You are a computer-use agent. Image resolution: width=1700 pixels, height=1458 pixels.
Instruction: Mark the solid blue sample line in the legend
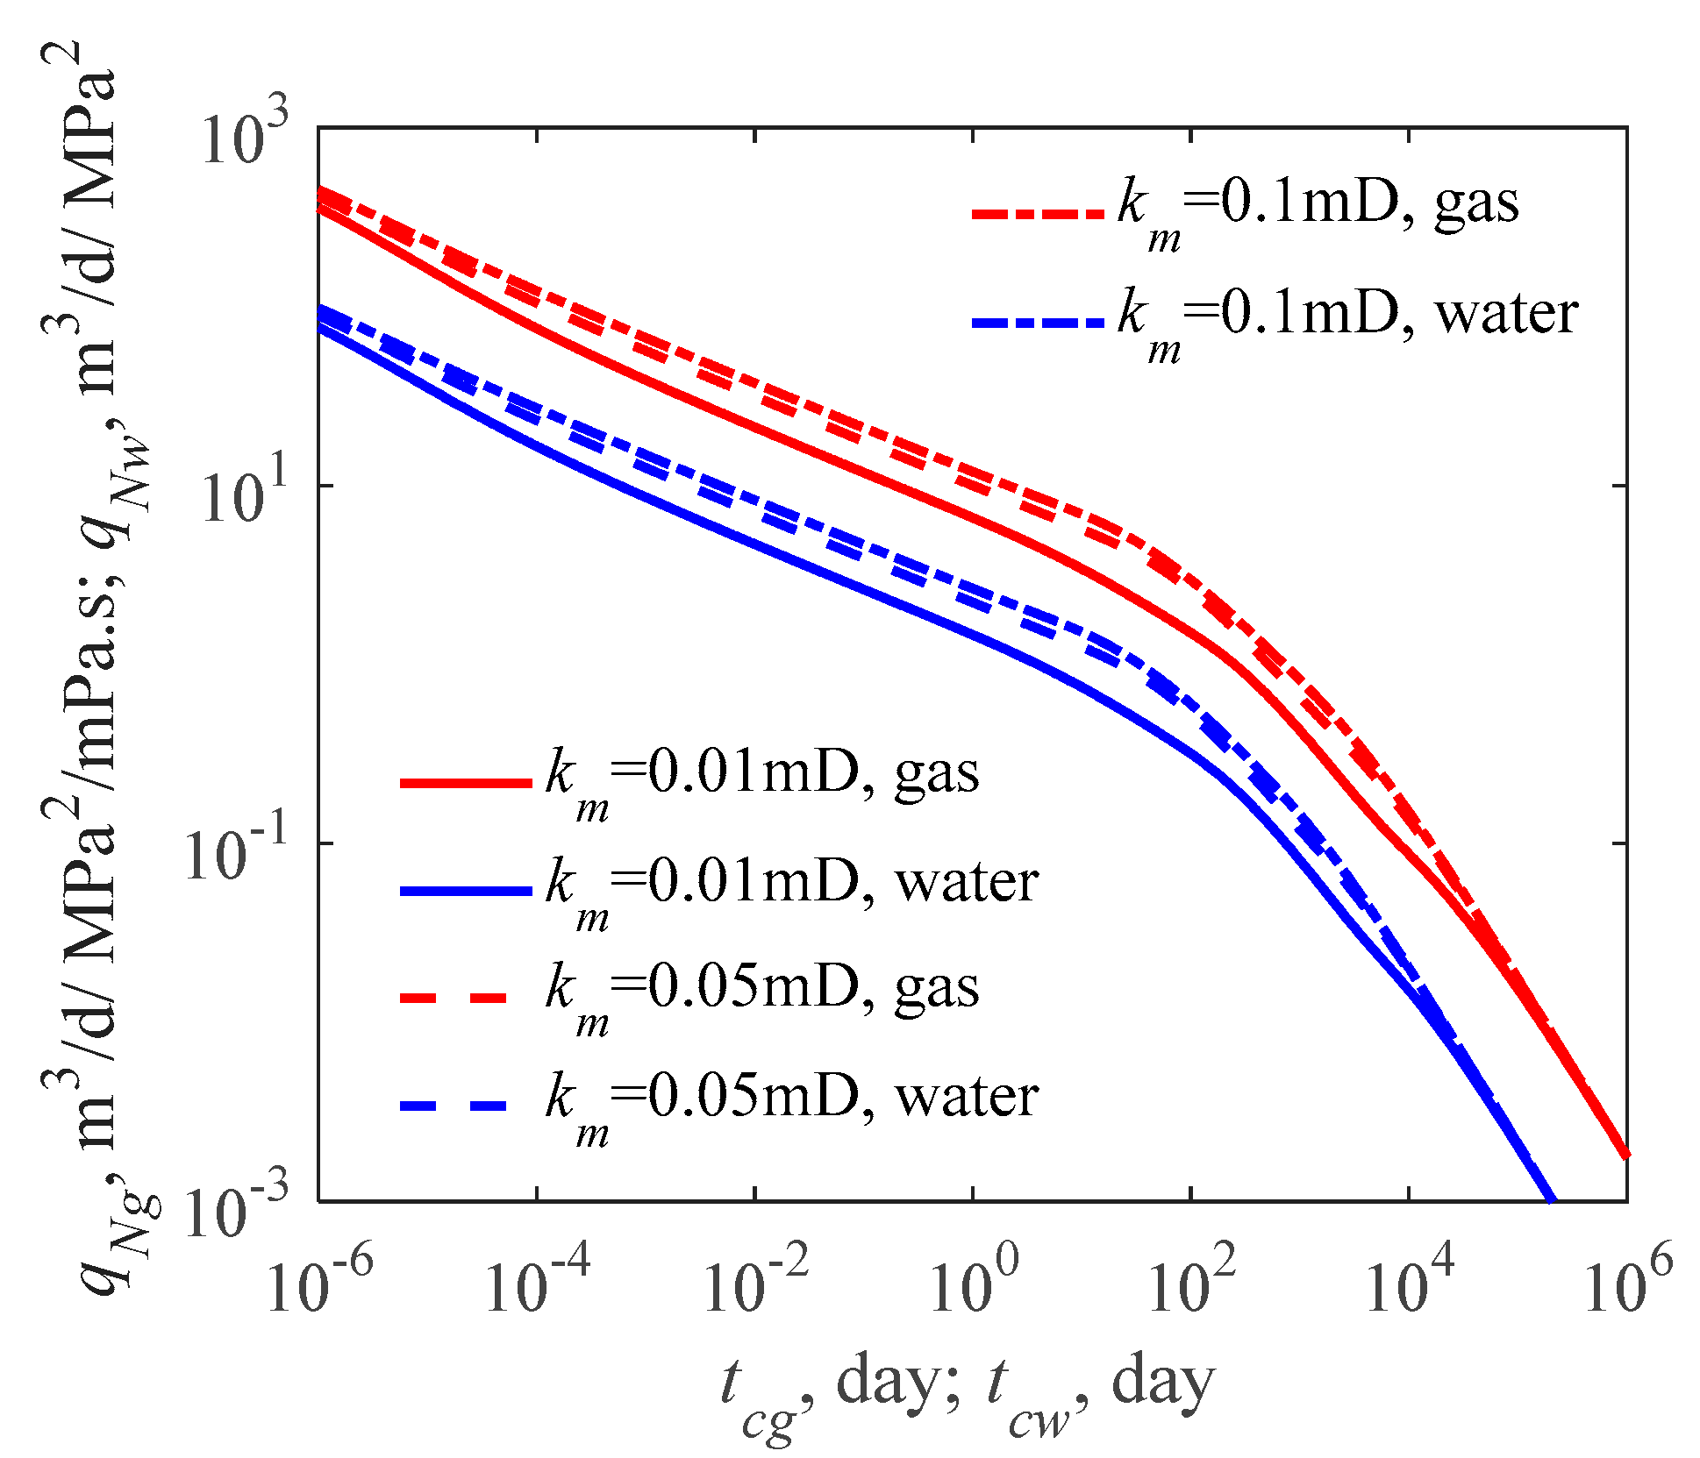pyautogui.click(x=466, y=891)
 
